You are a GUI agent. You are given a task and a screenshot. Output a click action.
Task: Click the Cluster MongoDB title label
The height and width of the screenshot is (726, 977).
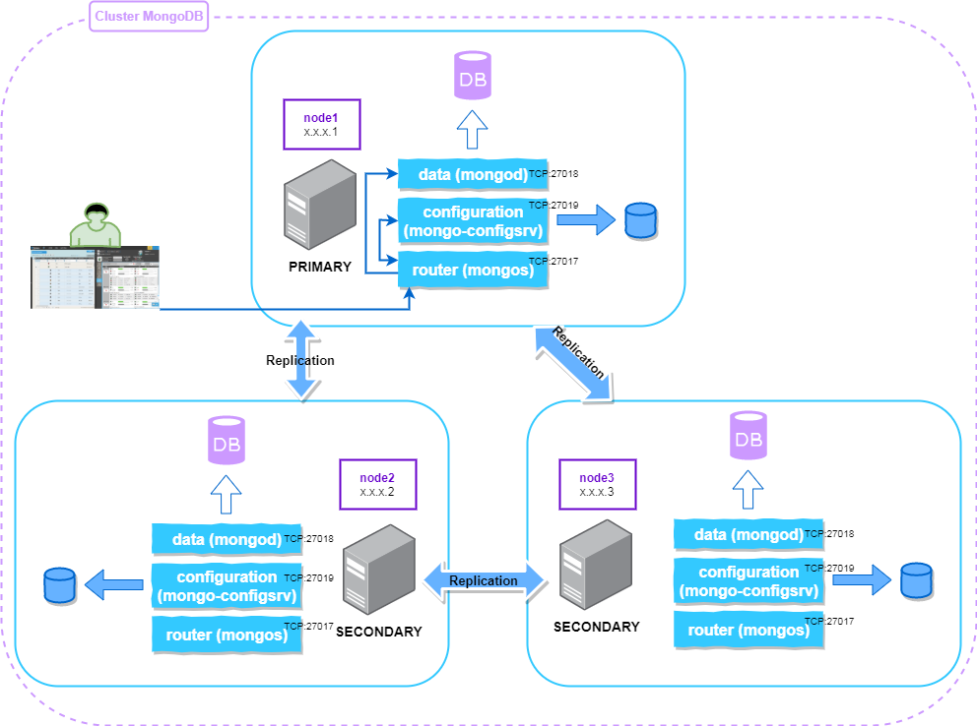(x=149, y=18)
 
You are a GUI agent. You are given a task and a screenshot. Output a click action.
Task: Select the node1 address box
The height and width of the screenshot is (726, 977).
(x=322, y=124)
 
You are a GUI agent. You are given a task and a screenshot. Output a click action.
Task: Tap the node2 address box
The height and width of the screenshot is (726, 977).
(x=377, y=483)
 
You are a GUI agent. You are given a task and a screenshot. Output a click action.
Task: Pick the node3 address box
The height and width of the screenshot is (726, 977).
(x=597, y=483)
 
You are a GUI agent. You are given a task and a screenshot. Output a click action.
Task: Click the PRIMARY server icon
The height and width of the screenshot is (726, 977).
(x=320, y=205)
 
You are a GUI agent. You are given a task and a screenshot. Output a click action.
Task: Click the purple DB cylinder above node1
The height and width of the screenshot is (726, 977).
(x=473, y=77)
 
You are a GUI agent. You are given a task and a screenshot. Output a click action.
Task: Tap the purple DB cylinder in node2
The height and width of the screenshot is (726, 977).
(x=227, y=442)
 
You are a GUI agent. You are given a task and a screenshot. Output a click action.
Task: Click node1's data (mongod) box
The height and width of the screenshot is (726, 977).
(x=472, y=174)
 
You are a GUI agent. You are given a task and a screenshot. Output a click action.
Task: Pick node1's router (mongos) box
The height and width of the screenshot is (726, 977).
(x=472, y=271)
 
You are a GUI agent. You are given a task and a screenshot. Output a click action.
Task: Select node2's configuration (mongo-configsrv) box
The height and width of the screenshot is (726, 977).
(x=226, y=585)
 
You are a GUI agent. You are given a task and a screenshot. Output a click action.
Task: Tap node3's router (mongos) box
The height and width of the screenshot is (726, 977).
(x=748, y=630)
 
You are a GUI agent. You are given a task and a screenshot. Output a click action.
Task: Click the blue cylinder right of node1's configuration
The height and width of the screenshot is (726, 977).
(x=640, y=220)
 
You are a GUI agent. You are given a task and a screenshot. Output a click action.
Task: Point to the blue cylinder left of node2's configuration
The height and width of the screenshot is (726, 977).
(x=59, y=585)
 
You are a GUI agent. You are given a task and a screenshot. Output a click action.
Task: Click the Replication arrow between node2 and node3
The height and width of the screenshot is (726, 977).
(x=484, y=580)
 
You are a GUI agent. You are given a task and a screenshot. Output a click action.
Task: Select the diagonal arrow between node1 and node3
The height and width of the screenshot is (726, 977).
(x=572, y=364)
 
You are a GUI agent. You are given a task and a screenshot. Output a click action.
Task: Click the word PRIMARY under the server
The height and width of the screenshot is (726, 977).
(x=320, y=267)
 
